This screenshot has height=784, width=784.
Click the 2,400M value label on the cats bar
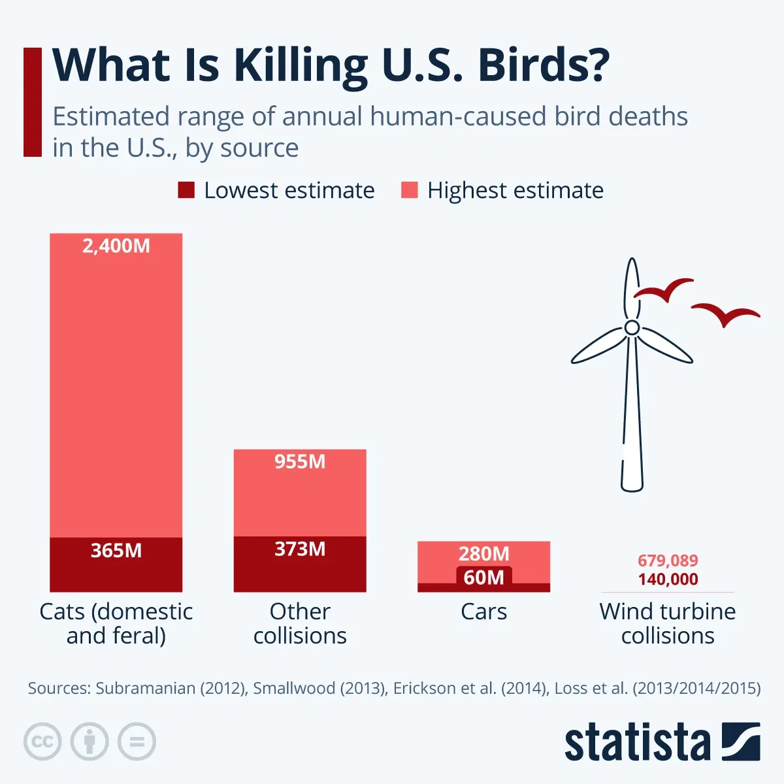[x=116, y=246]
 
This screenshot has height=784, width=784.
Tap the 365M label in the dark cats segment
[x=116, y=551]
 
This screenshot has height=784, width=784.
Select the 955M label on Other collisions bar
[x=300, y=462]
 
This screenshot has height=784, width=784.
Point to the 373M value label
[x=300, y=549]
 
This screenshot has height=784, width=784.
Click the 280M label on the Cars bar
[x=483, y=554]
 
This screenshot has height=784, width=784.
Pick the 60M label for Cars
[x=483, y=578]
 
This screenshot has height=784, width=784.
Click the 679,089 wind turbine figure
[x=668, y=561]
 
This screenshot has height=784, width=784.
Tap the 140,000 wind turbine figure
[x=668, y=580]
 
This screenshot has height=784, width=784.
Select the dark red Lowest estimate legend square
[x=186, y=190]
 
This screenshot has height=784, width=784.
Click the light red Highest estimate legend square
[x=409, y=190]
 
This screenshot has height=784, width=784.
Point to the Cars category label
[x=483, y=612]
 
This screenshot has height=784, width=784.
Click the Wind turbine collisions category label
[x=668, y=623]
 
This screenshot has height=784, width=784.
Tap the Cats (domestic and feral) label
[x=116, y=623]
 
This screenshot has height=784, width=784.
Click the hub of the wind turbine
[x=632, y=327]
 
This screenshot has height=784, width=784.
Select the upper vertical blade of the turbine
[x=630, y=287]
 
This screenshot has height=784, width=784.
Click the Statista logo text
[x=637, y=743]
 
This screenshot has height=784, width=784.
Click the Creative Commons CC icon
[x=42, y=742]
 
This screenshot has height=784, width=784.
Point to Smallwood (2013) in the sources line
[x=319, y=689]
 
